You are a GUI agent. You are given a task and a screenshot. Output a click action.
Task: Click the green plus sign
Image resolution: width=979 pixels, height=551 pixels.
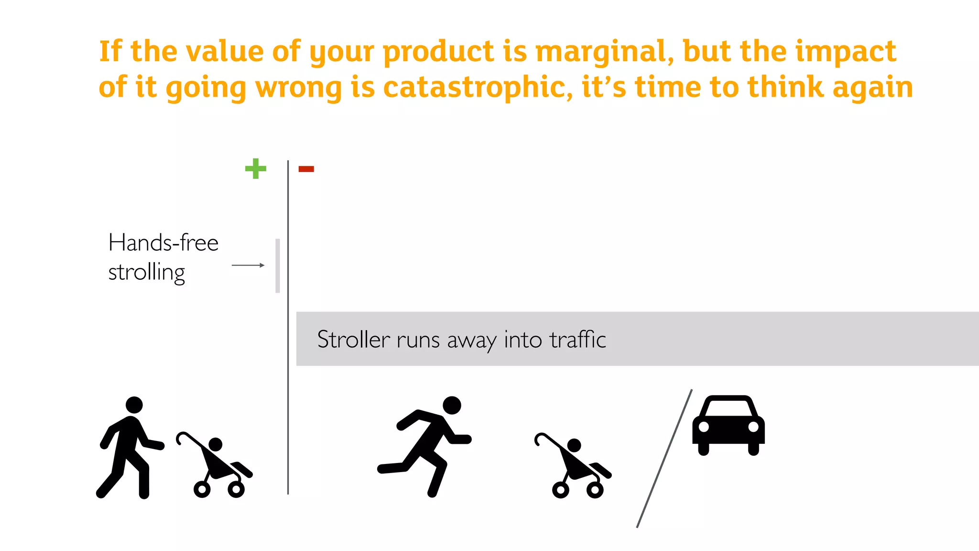256,168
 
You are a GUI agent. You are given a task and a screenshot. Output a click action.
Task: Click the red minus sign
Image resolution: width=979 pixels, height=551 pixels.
306,169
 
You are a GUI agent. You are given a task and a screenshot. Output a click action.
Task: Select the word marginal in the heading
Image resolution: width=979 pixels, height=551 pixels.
604,52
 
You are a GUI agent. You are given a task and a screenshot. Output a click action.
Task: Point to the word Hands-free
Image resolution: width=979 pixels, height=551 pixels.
163,242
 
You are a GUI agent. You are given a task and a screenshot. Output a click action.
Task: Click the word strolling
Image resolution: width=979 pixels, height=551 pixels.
147,273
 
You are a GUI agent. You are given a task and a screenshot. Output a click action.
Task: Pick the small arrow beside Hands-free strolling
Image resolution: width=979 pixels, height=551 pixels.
248,265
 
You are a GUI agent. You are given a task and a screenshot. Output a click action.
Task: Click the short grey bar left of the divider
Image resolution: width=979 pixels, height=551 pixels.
278,265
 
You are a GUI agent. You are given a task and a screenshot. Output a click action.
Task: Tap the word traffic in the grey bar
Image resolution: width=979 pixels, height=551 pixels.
577,340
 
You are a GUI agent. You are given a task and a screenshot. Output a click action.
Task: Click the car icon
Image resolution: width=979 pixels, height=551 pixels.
728,424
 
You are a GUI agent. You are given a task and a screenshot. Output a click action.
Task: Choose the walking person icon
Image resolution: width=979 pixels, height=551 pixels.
129,448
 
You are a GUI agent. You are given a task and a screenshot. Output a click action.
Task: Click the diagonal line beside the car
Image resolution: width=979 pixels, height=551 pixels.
664,458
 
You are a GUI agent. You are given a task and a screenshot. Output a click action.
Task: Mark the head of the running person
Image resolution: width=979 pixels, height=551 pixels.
452,405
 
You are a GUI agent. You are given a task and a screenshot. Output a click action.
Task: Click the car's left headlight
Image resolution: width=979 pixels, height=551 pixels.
704,427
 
